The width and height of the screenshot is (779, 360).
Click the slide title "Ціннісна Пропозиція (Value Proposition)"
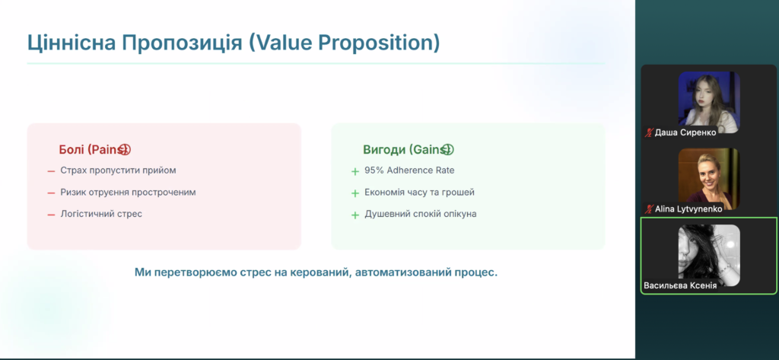click(x=234, y=43)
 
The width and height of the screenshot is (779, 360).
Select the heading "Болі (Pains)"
click(x=94, y=150)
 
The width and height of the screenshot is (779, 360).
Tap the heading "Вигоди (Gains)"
click(x=409, y=150)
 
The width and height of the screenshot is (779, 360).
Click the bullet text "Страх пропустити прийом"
click(x=118, y=170)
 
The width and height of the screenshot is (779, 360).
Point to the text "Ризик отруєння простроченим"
click(x=128, y=193)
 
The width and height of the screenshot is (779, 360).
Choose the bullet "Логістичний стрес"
click(x=101, y=214)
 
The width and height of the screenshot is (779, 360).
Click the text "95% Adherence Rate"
click(x=409, y=170)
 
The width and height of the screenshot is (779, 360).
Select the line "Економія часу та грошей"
click(x=419, y=193)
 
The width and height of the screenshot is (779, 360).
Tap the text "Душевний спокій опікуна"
click(x=420, y=214)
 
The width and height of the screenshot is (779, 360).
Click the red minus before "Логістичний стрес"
click(x=51, y=215)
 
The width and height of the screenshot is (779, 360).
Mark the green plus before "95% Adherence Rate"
click(x=355, y=171)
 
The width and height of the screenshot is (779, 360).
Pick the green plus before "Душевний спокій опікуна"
click(x=355, y=215)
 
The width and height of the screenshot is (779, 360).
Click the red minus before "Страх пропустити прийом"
click(x=51, y=171)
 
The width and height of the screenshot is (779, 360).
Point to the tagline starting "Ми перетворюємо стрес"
click(x=316, y=272)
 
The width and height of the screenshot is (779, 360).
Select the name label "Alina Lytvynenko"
click(x=688, y=209)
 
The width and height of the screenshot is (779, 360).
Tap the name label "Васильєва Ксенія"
click(x=680, y=286)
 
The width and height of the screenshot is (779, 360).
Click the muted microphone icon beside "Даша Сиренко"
click(x=649, y=132)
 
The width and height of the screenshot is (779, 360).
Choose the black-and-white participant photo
click(x=709, y=255)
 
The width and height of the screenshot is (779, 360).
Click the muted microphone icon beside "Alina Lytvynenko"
click(x=649, y=209)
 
